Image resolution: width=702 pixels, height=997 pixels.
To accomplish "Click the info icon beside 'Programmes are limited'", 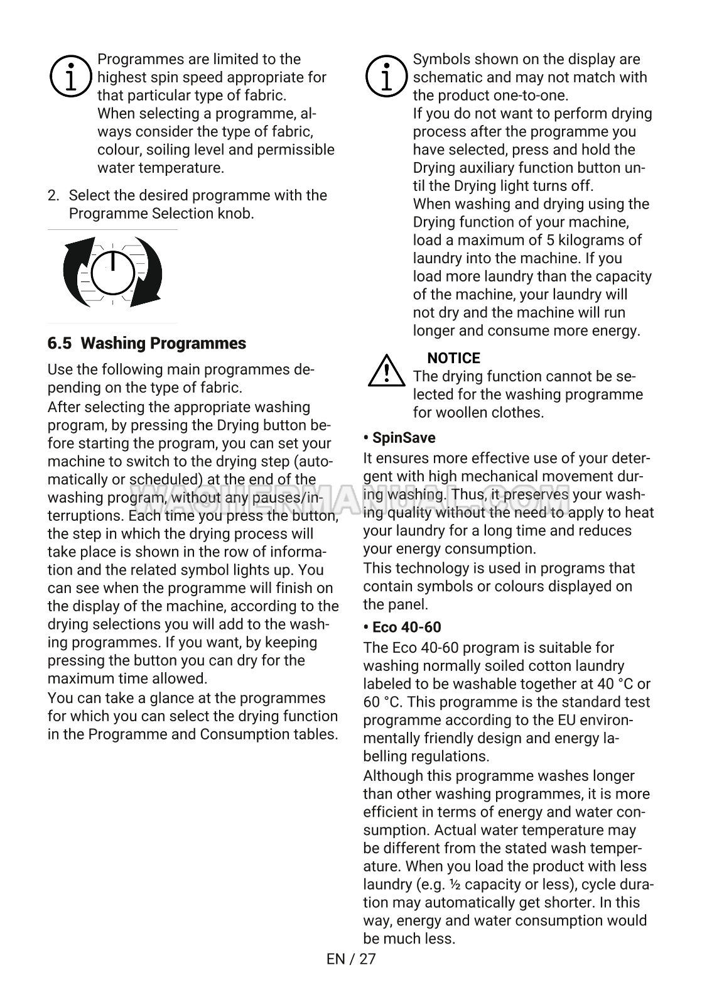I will (x=72, y=77).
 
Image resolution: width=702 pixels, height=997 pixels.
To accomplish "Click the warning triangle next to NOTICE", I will (x=386, y=371).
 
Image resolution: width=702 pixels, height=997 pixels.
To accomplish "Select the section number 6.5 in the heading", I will (x=60, y=344).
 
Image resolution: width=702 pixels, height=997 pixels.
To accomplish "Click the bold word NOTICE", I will (x=453, y=358).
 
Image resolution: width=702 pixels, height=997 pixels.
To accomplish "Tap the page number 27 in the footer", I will (x=367, y=959).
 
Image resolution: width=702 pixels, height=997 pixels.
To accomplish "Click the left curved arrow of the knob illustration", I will (x=77, y=271).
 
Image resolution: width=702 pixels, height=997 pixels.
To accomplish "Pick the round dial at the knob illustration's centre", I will (x=112, y=273).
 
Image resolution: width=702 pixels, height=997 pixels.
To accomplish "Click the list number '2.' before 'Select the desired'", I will (x=54, y=195).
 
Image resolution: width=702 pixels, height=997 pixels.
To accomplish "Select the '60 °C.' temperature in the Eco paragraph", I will (x=384, y=702).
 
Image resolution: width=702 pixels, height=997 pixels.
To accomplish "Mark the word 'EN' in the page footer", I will (x=336, y=959).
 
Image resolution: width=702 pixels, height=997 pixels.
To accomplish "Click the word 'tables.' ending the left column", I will (x=316, y=734).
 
